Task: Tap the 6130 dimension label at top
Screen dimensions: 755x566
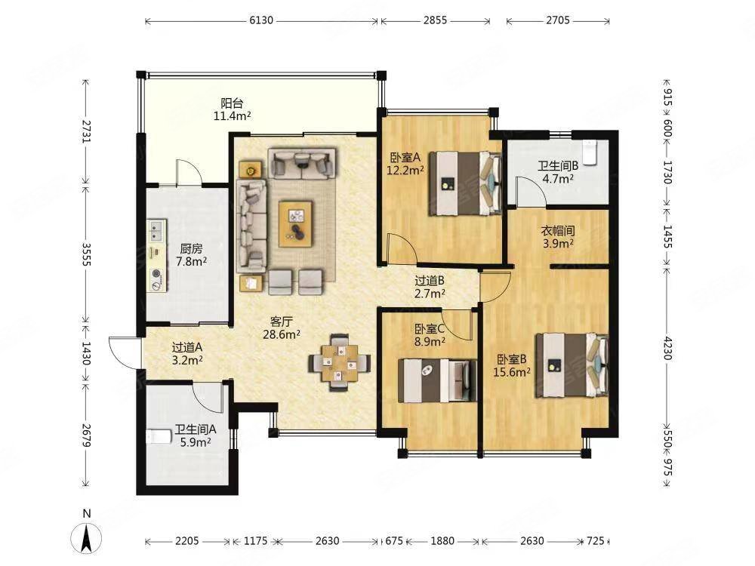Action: tap(261, 20)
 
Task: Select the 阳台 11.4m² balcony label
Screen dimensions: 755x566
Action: tap(232, 109)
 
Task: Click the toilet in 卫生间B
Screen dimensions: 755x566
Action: tap(590, 151)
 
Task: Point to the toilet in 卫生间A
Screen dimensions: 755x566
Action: tap(159, 436)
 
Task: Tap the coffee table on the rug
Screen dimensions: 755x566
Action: tap(295, 224)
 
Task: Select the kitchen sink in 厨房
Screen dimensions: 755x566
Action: tap(156, 230)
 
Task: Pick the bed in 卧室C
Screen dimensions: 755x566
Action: tap(437, 380)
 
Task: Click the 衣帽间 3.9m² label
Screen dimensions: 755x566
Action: tap(558, 237)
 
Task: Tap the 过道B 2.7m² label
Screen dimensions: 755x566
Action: tap(430, 286)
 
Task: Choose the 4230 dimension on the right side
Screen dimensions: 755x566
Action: tap(667, 348)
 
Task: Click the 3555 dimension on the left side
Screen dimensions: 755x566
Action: tap(86, 254)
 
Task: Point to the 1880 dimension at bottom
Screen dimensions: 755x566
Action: tap(442, 541)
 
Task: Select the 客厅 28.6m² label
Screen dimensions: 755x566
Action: tap(282, 328)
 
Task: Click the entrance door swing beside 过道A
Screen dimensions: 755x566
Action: tap(125, 352)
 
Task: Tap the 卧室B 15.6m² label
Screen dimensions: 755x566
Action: tap(512, 365)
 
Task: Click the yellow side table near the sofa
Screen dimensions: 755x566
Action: tap(251, 169)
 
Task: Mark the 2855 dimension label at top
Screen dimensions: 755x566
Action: tap(436, 20)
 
